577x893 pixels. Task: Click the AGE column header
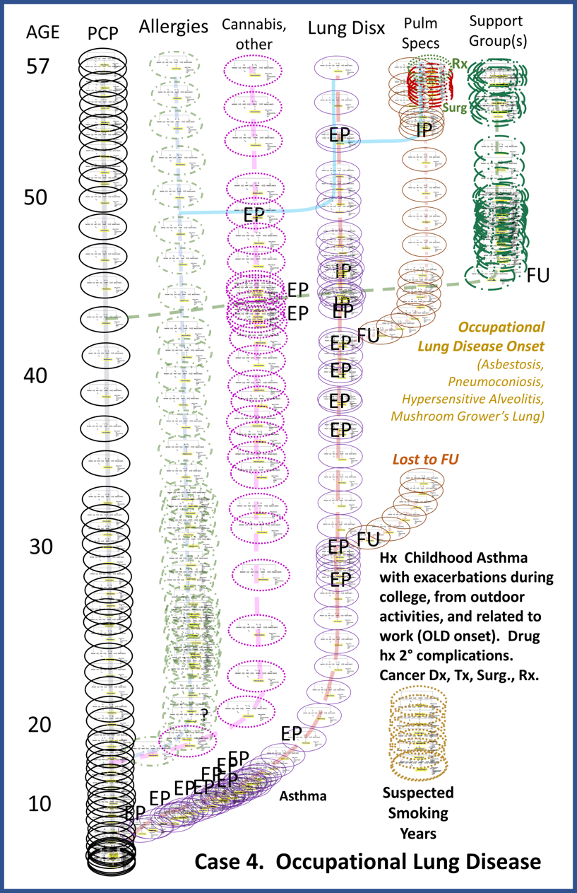coord(42,33)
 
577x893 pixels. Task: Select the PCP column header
coord(103,33)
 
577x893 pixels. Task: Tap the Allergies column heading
coord(174,28)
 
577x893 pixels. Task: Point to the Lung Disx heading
coord(347,29)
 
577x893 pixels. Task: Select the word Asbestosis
coord(509,366)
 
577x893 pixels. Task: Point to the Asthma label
coord(303,796)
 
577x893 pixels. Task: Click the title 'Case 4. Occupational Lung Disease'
coord(367,862)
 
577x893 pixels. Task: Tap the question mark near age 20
coord(204,714)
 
